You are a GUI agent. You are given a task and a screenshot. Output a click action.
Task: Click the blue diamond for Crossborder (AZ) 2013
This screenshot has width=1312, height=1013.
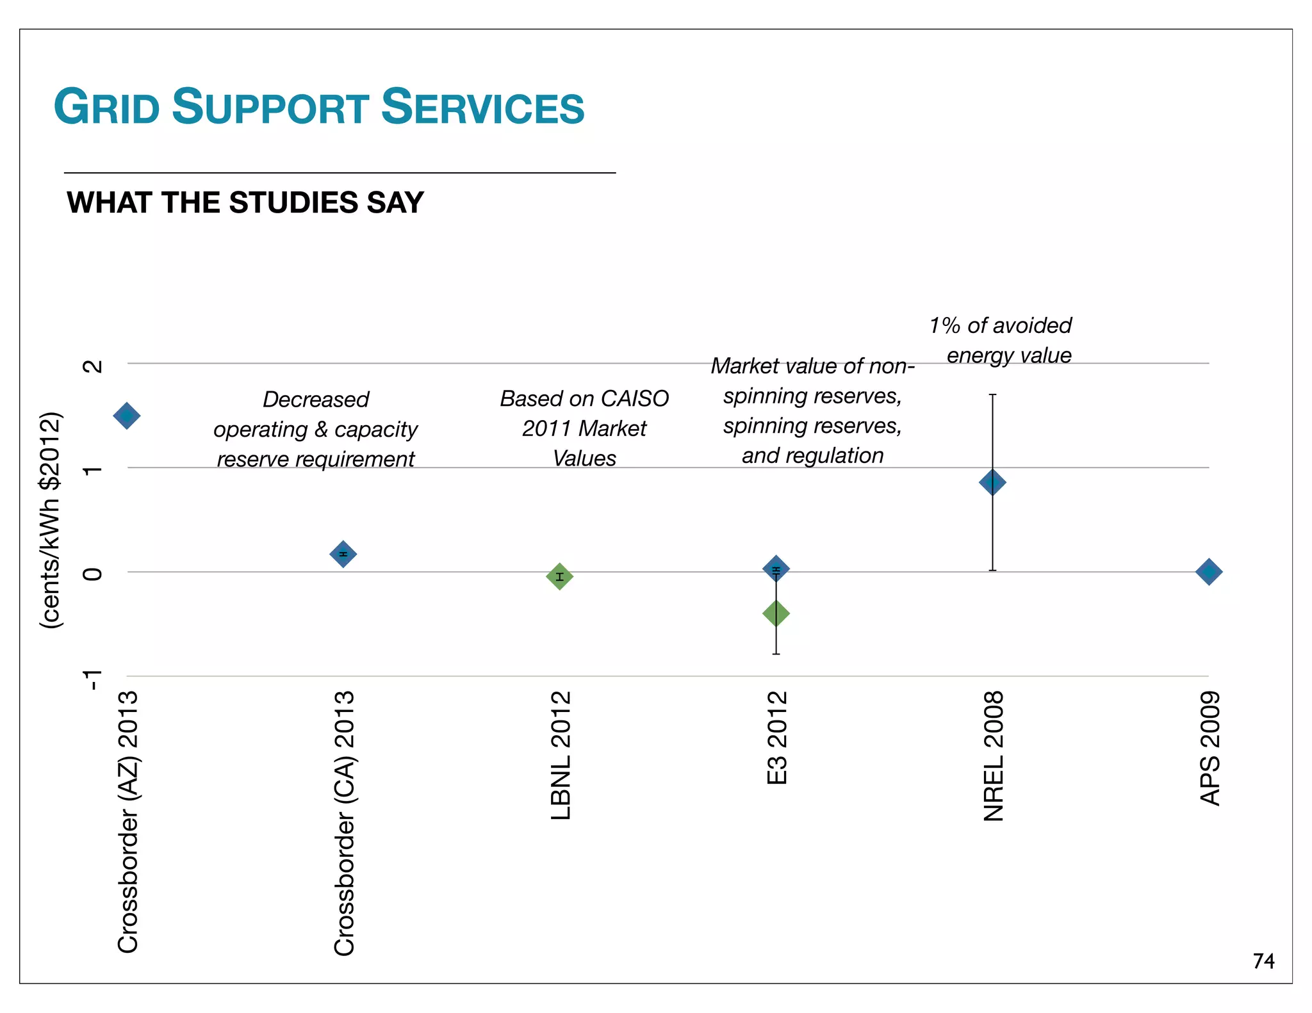(127, 416)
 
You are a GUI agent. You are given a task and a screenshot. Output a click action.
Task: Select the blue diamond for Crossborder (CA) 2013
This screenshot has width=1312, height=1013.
(343, 554)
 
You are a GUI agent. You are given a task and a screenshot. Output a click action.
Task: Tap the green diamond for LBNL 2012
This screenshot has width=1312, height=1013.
(559, 576)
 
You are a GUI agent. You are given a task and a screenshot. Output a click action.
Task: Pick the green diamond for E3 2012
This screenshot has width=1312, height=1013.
(776, 613)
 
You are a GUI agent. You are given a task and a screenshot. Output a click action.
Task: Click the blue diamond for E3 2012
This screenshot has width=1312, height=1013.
(776, 568)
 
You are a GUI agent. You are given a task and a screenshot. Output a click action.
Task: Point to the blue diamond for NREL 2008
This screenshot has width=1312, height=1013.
(992, 482)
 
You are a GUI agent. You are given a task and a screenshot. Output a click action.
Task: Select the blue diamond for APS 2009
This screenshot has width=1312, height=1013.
(1209, 572)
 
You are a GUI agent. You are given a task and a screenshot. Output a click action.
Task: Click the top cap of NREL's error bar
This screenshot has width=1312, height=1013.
(992, 395)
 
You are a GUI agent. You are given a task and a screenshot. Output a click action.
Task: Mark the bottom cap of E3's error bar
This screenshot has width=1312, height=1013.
(776, 654)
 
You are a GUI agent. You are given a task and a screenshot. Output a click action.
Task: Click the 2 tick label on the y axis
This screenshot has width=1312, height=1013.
(94, 366)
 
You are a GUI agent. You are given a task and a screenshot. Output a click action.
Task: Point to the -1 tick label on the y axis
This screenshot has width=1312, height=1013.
(94, 680)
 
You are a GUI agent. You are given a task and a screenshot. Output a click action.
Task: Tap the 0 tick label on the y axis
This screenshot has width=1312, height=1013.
(94, 574)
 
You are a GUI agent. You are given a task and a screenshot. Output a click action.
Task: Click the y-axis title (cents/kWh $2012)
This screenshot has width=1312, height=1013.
(51, 520)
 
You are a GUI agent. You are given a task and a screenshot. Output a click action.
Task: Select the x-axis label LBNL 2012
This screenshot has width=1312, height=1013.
(561, 756)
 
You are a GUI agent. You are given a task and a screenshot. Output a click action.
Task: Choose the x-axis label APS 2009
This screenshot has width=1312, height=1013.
(1210, 748)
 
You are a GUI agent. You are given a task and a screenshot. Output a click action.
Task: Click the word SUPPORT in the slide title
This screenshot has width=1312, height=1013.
(270, 107)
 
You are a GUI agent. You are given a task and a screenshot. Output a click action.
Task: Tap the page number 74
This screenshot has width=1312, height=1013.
(1263, 961)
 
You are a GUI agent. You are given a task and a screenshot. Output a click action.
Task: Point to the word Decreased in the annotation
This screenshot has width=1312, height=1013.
(316, 400)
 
